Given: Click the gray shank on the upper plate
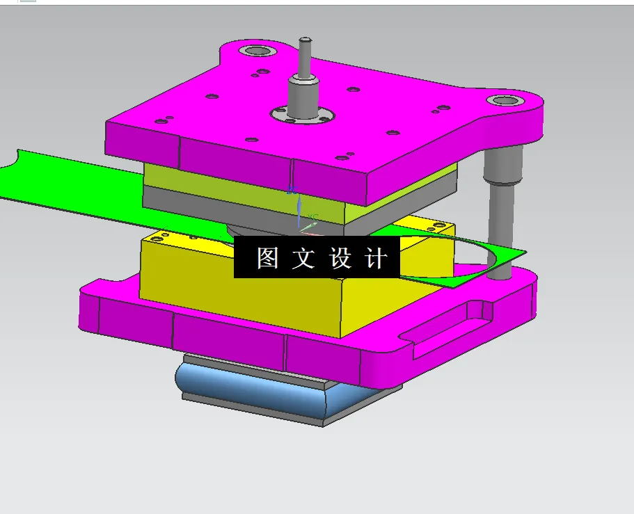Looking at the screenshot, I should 303,97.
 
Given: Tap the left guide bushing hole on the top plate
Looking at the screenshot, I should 255,51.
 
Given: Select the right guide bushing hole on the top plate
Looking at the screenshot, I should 502,102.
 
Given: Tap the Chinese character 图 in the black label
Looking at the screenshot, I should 267,259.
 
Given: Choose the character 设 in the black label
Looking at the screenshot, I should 340,259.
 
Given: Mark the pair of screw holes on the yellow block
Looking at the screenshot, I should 437,226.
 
